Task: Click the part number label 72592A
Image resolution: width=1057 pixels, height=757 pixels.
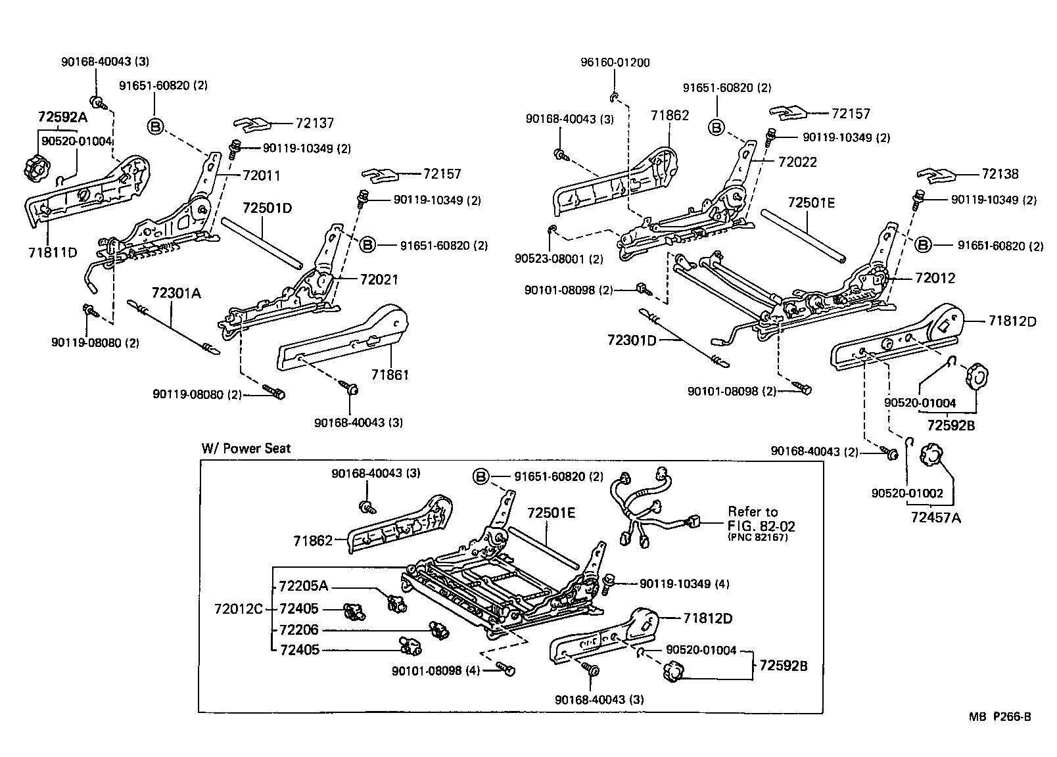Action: click(62, 117)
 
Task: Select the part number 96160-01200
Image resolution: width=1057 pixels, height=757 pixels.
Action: click(615, 63)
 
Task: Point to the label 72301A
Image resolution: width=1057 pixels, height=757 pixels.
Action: click(176, 293)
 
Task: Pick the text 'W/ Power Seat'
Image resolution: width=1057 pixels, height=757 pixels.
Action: click(246, 449)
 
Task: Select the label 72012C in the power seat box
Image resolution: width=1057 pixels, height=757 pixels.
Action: click(238, 608)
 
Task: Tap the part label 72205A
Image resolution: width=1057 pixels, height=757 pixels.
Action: click(303, 586)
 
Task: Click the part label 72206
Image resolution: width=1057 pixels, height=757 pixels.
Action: click(298, 630)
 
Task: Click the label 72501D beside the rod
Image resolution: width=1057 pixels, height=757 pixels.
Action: click(267, 208)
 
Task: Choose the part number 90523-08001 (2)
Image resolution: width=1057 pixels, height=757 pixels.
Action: click(559, 259)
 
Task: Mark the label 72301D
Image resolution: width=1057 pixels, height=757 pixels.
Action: click(632, 340)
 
